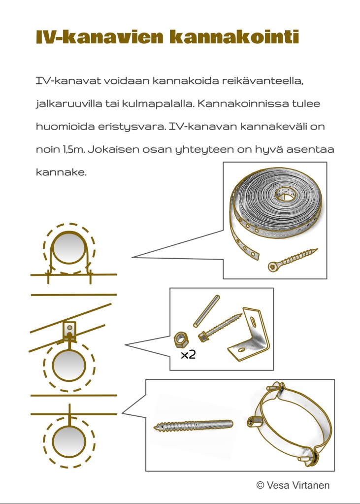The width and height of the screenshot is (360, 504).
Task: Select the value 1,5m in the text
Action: pyautogui.click(x=73, y=150)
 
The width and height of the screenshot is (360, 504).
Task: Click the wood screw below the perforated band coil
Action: pyautogui.click(x=293, y=260)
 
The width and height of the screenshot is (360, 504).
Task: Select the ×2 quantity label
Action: pyautogui.click(x=188, y=355)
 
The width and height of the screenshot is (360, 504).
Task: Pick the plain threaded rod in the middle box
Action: pyautogui.click(x=206, y=311)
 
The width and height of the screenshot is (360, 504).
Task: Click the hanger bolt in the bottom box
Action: pyautogui.click(x=193, y=426)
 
